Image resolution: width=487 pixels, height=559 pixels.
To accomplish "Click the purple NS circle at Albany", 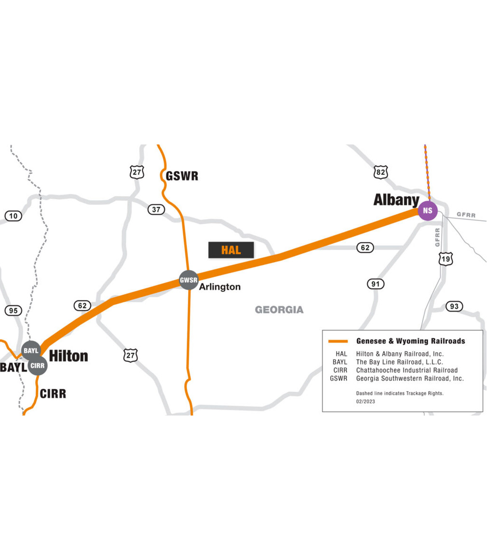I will (x=427, y=210).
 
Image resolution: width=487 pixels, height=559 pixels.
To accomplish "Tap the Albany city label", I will (x=396, y=200).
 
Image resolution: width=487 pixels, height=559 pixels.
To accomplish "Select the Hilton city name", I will (x=68, y=356).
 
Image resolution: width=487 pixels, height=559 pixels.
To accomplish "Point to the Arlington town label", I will (x=220, y=287).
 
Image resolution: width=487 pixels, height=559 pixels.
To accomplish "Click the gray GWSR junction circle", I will (x=189, y=280).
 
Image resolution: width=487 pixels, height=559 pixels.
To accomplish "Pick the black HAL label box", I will (x=231, y=250).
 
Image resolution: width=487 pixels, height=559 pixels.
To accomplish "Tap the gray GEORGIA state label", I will (x=279, y=310).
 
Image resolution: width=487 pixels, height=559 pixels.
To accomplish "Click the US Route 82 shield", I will (x=380, y=172).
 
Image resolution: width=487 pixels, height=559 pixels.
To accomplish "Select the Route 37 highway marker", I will (x=156, y=209).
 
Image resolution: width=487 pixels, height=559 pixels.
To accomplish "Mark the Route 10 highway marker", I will (x=14, y=216).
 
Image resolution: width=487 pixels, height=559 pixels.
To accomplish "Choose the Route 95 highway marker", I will (x=14, y=311).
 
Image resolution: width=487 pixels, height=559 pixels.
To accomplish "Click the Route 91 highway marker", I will (x=375, y=284).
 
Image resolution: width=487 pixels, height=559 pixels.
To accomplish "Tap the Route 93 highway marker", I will (x=454, y=306).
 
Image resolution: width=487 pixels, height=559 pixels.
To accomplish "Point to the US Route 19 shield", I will (x=446, y=259).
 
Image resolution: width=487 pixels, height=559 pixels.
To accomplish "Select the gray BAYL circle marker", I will (x=31, y=351).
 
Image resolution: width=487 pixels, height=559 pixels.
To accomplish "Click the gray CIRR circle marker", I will (x=37, y=365).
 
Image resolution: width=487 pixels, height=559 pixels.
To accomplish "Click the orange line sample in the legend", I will (x=338, y=341).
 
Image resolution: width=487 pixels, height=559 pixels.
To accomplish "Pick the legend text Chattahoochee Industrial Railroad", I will (x=407, y=370).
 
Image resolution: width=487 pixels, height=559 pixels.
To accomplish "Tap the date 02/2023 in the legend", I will (x=365, y=402).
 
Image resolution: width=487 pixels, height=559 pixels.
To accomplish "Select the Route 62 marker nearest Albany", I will (x=365, y=248).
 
